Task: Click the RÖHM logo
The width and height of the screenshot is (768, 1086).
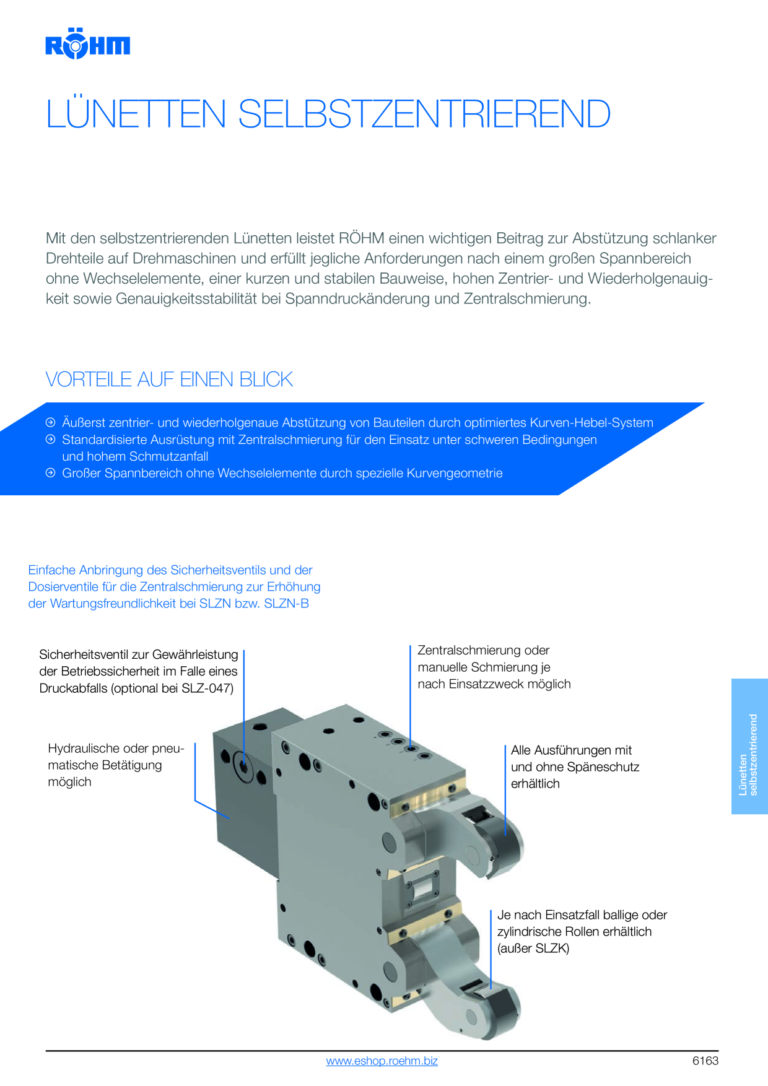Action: (87, 43)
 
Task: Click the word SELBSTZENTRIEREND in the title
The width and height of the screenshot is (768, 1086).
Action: (424, 114)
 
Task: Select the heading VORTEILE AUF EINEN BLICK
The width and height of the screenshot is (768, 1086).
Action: (169, 379)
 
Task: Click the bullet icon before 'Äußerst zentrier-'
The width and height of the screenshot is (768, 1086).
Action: (51, 422)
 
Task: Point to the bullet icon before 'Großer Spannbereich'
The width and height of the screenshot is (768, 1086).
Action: (51, 472)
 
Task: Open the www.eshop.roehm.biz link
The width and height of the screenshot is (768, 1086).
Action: (382, 1061)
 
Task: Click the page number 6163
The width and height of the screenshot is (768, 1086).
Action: (705, 1061)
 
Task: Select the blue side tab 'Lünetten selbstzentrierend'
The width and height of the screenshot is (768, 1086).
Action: (749, 746)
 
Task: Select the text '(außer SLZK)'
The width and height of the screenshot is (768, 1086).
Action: (533, 948)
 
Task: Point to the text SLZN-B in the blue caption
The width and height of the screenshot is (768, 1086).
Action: (286, 603)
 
